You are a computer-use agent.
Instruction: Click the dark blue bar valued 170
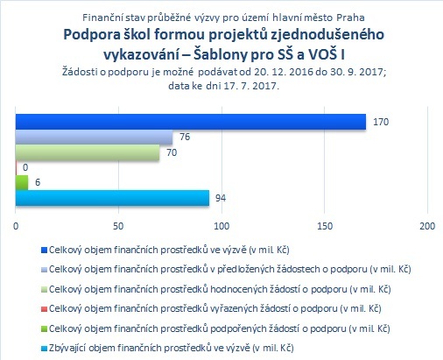click(x=191, y=122)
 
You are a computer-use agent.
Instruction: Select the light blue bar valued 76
click(x=94, y=137)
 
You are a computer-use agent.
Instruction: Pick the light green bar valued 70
click(x=88, y=152)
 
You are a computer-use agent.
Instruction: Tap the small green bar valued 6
click(x=22, y=182)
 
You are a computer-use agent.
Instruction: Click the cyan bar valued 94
click(x=112, y=198)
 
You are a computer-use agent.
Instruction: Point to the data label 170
click(x=381, y=122)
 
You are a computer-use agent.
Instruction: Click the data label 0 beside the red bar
click(x=25, y=167)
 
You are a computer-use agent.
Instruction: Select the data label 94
click(x=221, y=198)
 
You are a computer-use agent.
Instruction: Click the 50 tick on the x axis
click(x=118, y=226)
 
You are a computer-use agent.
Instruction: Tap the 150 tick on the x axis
click(x=325, y=226)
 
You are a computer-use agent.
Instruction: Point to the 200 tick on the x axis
click(x=427, y=226)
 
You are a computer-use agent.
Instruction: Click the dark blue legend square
click(x=44, y=251)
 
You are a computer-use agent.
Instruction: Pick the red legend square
click(x=44, y=309)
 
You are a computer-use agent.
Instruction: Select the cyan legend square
click(x=44, y=349)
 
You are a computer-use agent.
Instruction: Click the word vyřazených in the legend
click(x=235, y=308)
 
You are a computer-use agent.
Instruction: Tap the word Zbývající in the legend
click(x=67, y=348)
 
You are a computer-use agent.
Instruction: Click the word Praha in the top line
click(x=350, y=18)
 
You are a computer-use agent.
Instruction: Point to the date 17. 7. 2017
click(x=251, y=86)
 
